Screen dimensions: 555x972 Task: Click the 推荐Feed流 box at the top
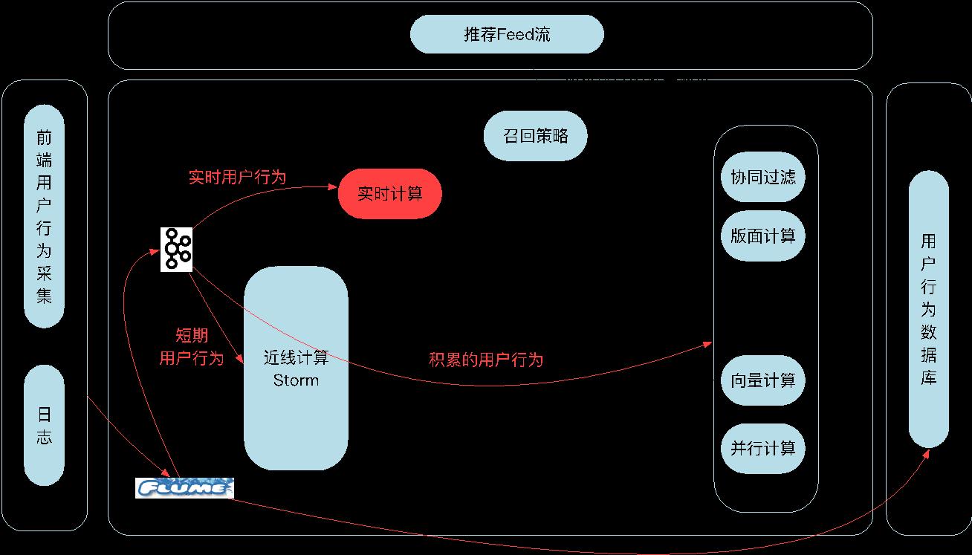coord(507,35)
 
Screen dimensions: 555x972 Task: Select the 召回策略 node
coord(535,136)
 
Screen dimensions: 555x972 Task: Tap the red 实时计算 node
coord(390,194)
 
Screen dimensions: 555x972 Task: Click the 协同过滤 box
coord(762,177)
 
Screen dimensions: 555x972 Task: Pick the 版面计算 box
coord(762,236)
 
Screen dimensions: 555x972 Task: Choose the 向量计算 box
coord(762,380)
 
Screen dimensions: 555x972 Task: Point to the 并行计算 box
coord(762,448)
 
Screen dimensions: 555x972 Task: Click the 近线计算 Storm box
coord(296,369)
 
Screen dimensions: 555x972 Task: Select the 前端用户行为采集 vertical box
coord(45,215)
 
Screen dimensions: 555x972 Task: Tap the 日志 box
coord(45,425)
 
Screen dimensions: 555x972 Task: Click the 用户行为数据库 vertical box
coord(929,309)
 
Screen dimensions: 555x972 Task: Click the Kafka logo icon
coord(177,249)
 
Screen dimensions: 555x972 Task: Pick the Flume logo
coord(184,488)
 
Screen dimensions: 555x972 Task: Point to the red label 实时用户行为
coord(237,178)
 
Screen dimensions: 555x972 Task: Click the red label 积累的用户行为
coord(486,360)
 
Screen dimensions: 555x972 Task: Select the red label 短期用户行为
coord(192,347)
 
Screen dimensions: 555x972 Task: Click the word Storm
coord(296,380)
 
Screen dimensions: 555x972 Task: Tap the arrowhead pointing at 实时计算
coord(333,189)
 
